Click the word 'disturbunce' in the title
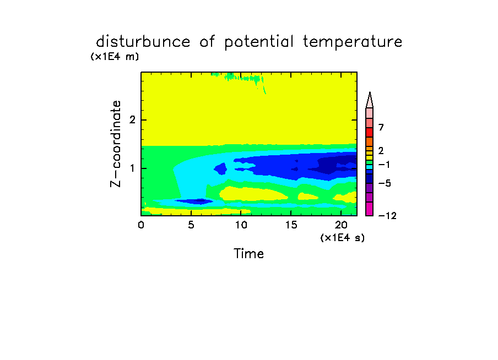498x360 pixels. click(x=143, y=42)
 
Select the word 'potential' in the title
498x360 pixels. click(x=259, y=42)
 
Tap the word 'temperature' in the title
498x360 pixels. click(x=353, y=42)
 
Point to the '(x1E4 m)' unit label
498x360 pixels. click(x=115, y=57)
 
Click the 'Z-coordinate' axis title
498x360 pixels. click(x=116, y=144)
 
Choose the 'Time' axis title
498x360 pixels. click(x=248, y=254)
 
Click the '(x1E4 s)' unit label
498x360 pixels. click(x=343, y=237)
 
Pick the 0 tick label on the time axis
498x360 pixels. click(x=141, y=225)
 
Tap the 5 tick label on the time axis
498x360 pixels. click(x=191, y=225)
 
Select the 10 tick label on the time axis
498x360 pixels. click(x=241, y=225)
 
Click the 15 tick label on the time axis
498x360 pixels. click(x=291, y=225)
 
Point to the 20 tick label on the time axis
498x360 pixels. click(x=341, y=225)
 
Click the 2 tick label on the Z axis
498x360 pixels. click(x=132, y=120)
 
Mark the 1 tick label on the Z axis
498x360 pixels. click(x=132, y=168)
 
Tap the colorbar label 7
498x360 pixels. click(x=381, y=128)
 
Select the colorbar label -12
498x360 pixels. click(x=387, y=216)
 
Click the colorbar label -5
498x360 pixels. click(x=385, y=183)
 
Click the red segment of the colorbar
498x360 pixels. click(x=370, y=132)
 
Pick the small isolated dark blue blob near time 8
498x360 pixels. click(x=220, y=168)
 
